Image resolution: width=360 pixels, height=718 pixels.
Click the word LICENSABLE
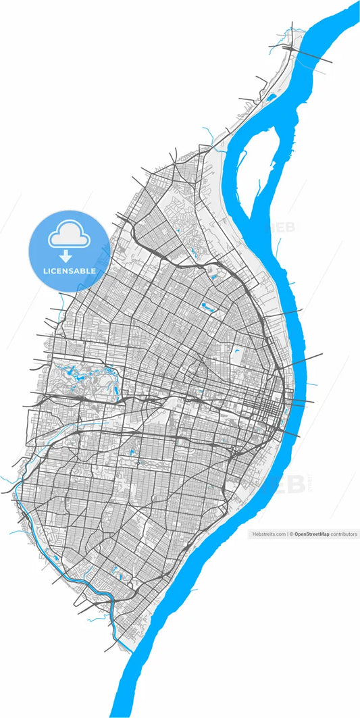(69, 271)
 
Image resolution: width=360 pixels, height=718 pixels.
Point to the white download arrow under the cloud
(66, 256)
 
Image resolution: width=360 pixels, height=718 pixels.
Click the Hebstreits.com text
(268, 534)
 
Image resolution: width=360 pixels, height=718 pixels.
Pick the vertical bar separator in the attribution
(287, 534)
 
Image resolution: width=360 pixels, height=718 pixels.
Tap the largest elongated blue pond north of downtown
(209, 308)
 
